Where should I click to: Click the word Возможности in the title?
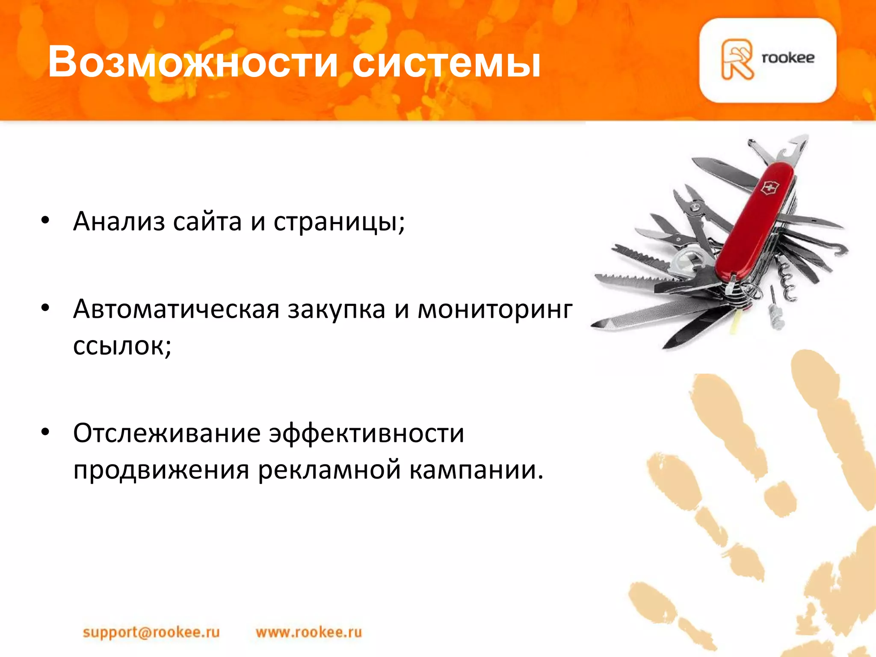[x=193, y=63]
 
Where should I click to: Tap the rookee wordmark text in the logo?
[x=788, y=58]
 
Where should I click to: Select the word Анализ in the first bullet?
[x=119, y=222]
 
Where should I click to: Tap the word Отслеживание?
[x=166, y=433]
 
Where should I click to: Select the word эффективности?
[x=366, y=433]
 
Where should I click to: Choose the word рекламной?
[x=330, y=470]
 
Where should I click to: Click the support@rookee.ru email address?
[x=151, y=632]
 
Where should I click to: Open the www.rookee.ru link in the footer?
[x=309, y=632]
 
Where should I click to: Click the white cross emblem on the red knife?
[x=770, y=187]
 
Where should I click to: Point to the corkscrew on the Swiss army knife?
[x=786, y=278]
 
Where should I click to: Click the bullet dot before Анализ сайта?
[x=45, y=221]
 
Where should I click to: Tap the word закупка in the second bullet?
[x=336, y=310]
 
